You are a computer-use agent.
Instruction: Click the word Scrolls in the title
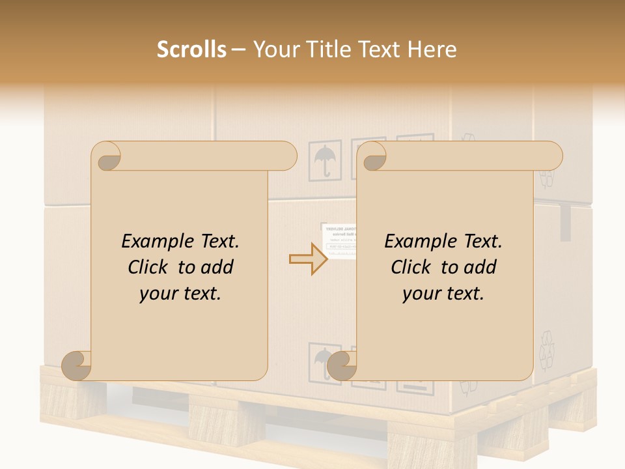point(191,50)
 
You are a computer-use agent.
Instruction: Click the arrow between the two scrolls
point(308,259)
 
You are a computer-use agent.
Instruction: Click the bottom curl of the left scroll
point(77,366)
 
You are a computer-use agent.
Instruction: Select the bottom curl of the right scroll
point(342,366)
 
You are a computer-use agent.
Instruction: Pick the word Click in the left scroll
point(150,267)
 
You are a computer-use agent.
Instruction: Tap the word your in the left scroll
point(158,294)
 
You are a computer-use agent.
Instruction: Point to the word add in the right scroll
point(480,267)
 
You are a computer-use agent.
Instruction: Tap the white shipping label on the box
point(339,242)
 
